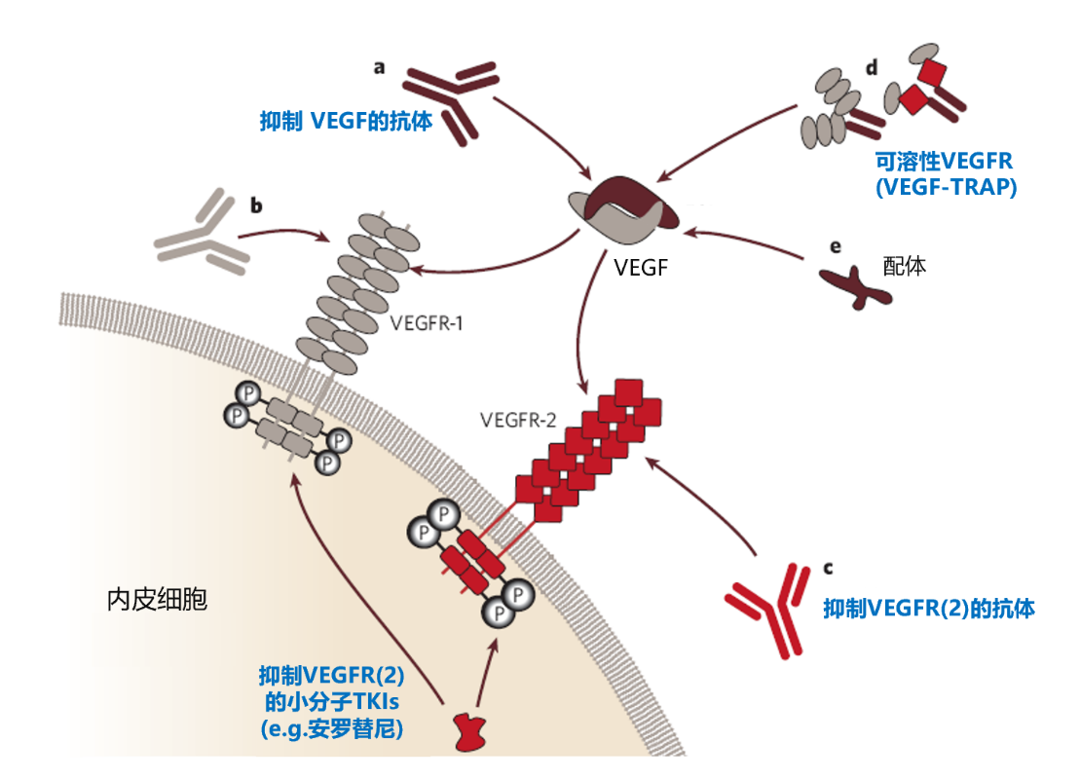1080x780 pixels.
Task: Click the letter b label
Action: click(257, 205)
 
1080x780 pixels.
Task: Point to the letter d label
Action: click(871, 67)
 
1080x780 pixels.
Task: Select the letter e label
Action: click(835, 248)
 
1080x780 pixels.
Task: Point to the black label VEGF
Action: click(642, 267)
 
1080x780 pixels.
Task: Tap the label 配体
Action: click(903, 266)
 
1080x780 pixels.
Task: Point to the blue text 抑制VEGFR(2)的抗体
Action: click(928, 609)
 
